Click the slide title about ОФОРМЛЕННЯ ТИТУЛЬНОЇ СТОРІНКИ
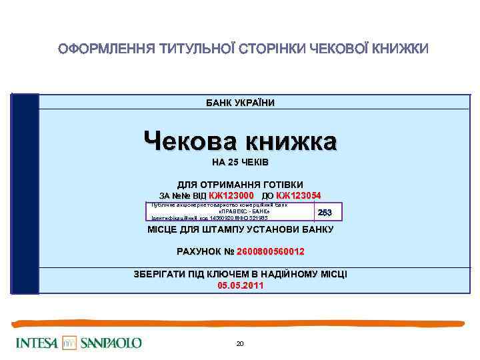(x=243, y=49)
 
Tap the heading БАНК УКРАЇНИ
(x=240, y=102)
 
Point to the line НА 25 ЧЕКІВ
(x=240, y=163)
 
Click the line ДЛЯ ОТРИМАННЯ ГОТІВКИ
(x=240, y=184)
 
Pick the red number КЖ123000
(x=231, y=195)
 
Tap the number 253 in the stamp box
(x=325, y=212)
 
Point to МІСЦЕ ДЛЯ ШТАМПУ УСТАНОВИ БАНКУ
(x=240, y=230)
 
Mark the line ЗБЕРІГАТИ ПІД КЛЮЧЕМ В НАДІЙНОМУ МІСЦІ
(x=240, y=274)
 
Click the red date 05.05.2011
(x=240, y=285)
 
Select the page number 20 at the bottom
(x=240, y=343)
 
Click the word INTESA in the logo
(x=37, y=343)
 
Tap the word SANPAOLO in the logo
(x=111, y=343)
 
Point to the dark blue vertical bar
(x=26, y=193)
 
